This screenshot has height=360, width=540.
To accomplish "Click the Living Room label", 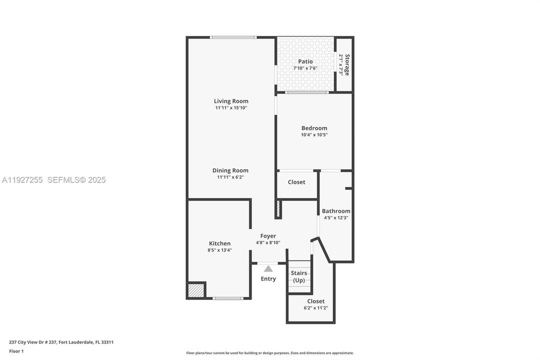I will point(231,101).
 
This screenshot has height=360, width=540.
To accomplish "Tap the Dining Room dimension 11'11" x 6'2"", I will point(230,177).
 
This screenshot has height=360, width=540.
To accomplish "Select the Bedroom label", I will point(314,128).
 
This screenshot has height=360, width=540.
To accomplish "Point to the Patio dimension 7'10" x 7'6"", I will point(306,68).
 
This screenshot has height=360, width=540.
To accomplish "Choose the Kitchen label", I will point(220,243).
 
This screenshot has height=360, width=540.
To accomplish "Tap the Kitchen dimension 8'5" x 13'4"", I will point(220,250).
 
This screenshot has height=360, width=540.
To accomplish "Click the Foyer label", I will point(268,236).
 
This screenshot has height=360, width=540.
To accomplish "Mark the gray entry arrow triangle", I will point(268,268).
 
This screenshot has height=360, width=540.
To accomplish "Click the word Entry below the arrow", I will point(268,279).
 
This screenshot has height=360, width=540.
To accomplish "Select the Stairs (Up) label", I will point(299,276).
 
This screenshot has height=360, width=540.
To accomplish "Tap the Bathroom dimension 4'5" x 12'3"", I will point(336,217).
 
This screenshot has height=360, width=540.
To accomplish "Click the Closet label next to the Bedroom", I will point(296,182).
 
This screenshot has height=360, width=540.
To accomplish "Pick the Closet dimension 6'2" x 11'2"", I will point(316,308).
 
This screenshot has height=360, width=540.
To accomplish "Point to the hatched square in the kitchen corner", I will point(196,290).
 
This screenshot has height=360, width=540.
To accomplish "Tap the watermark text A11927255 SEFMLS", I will point(53,180).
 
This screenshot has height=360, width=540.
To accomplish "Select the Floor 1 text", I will point(16,351).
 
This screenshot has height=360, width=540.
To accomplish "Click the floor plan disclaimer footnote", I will point(270,353).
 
